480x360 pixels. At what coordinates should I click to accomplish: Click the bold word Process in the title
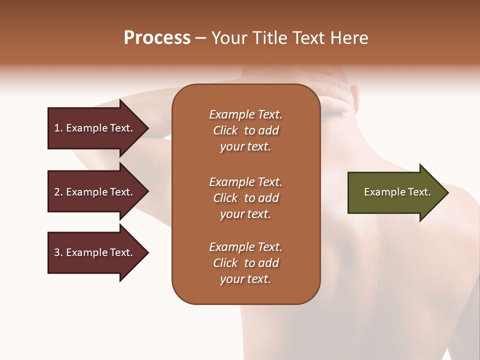(x=157, y=38)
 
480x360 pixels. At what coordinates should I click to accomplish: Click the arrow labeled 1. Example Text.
(x=95, y=128)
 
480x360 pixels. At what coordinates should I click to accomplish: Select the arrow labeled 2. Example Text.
(x=95, y=192)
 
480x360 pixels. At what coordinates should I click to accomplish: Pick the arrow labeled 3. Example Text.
(x=95, y=252)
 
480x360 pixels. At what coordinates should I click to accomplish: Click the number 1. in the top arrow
(x=58, y=128)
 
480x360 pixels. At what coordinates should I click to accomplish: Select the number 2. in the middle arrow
(x=58, y=192)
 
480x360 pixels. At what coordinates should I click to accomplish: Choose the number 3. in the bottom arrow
(x=58, y=252)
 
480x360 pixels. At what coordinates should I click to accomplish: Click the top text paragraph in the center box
(x=245, y=130)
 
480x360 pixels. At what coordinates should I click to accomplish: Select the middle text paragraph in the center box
(x=245, y=198)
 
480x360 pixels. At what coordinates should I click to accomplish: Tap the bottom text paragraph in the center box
(x=245, y=263)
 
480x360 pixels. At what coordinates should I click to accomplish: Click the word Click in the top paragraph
(x=225, y=130)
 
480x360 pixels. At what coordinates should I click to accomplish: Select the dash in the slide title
(x=201, y=38)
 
